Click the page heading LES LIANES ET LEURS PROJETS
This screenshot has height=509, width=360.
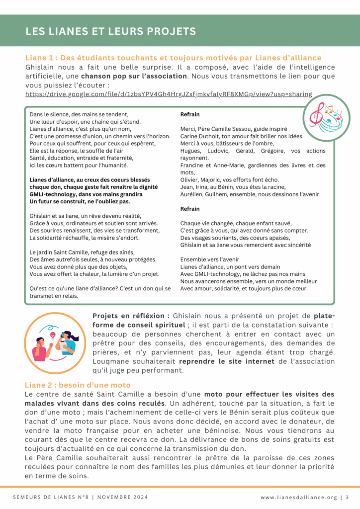point(110,31)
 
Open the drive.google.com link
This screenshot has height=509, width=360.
point(169,94)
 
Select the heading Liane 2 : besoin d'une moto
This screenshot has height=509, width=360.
point(78,385)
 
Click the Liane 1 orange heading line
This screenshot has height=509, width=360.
point(173,58)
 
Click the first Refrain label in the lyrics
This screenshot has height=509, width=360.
point(190,114)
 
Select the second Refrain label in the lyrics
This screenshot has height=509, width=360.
point(190,209)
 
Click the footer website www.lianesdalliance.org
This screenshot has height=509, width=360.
point(298,497)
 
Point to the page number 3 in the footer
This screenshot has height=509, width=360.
point(347,497)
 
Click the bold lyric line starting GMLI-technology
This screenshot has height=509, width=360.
point(86,194)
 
